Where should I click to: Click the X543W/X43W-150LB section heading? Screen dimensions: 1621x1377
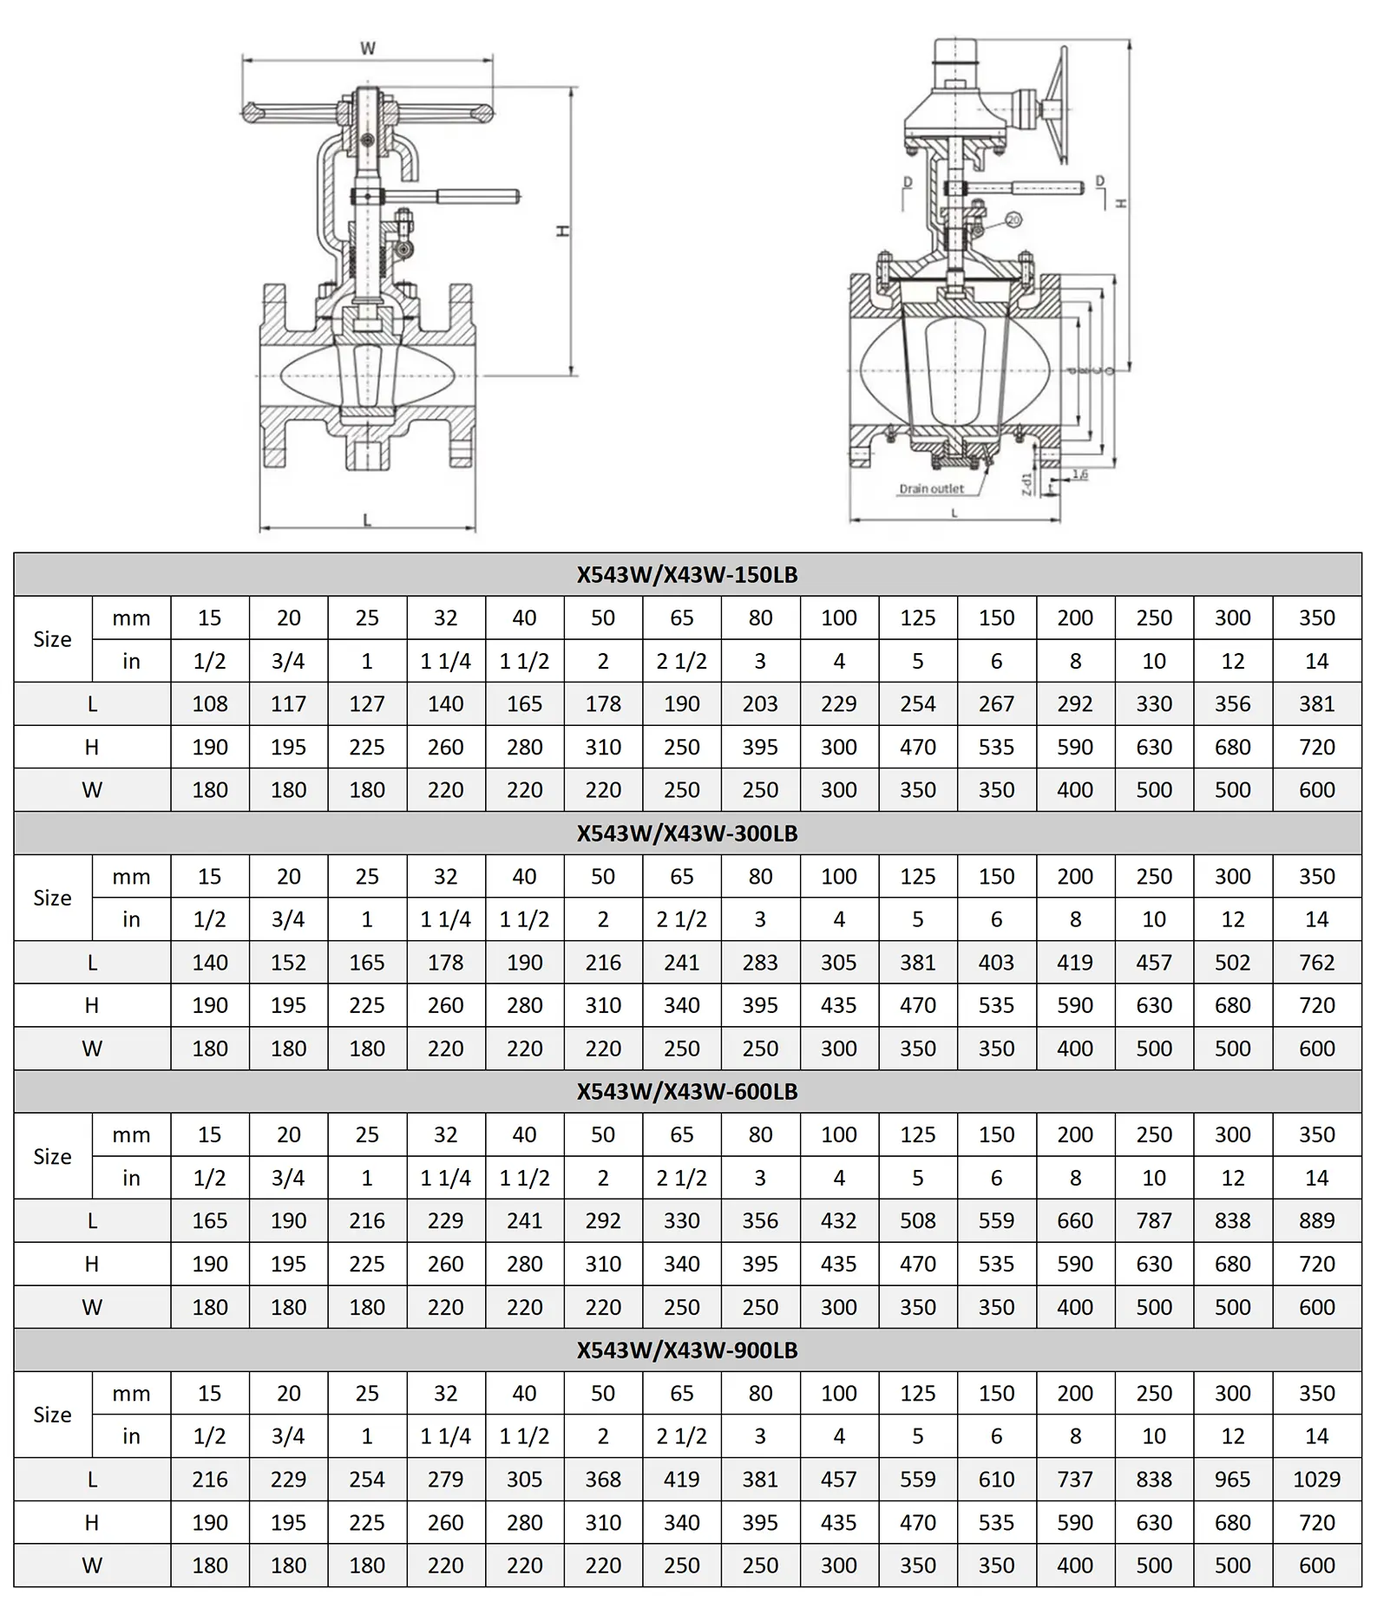tap(686, 575)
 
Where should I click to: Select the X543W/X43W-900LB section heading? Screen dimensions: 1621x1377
tap(686, 1350)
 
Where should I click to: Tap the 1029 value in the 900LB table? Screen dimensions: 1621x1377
tap(1316, 1480)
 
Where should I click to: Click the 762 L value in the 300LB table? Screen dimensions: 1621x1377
tap(1316, 963)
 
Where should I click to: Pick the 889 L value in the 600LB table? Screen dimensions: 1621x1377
tap(1316, 1221)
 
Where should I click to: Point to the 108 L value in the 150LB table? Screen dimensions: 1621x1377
tap(210, 704)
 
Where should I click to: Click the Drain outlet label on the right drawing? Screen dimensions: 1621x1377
tap(931, 489)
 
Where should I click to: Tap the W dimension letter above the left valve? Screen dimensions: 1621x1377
tap(368, 49)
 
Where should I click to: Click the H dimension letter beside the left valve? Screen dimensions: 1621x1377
tap(563, 231)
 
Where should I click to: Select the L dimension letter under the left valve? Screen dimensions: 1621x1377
tap(367, 520)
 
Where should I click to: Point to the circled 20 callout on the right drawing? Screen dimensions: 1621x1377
tap(1013, 220)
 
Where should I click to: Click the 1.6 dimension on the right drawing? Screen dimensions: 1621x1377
tap(1079, 474)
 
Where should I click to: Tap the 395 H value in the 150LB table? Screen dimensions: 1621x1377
tap(760, 748)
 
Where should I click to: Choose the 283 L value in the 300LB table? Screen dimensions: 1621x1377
tap(760, 963)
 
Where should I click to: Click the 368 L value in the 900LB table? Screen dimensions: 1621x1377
tap(603, 1480)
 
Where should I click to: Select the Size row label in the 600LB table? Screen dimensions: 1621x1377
tap(52, 1156)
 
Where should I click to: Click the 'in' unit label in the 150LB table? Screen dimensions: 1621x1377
tap(131, 662)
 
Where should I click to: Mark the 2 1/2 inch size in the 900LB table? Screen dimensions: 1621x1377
tap(681, 1436)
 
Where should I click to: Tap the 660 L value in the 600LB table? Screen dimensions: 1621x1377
tap(1075, 1221)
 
